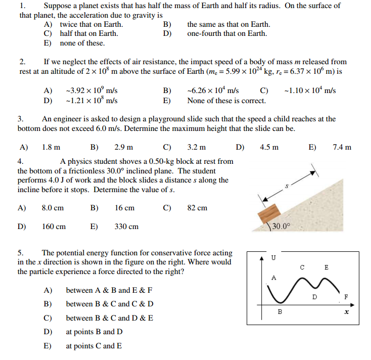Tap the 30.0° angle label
(282, 226)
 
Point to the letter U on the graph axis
(273, 258)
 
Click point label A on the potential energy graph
(274, 277)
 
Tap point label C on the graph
(302, 267)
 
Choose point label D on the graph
(314, 297)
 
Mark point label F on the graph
(346, 297)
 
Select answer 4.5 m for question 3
(269, 148)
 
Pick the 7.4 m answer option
(342, 148)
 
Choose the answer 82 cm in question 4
(197, 208)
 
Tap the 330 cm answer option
(126, 227)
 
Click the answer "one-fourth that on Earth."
(227, 33)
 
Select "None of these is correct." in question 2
(226, 100)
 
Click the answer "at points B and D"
(94, 332)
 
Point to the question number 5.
(21, 252)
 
